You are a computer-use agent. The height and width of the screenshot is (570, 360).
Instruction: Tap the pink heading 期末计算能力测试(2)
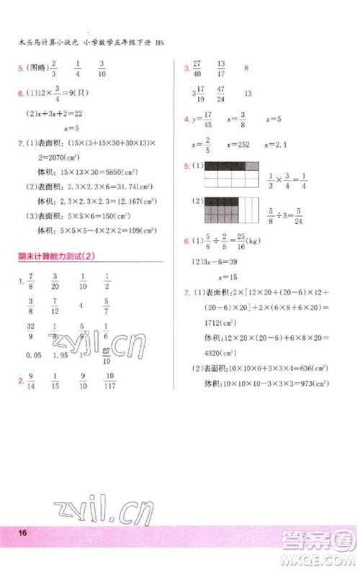tap(53, 257)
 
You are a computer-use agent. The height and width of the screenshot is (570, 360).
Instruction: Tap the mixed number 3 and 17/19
tap(199, 94)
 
